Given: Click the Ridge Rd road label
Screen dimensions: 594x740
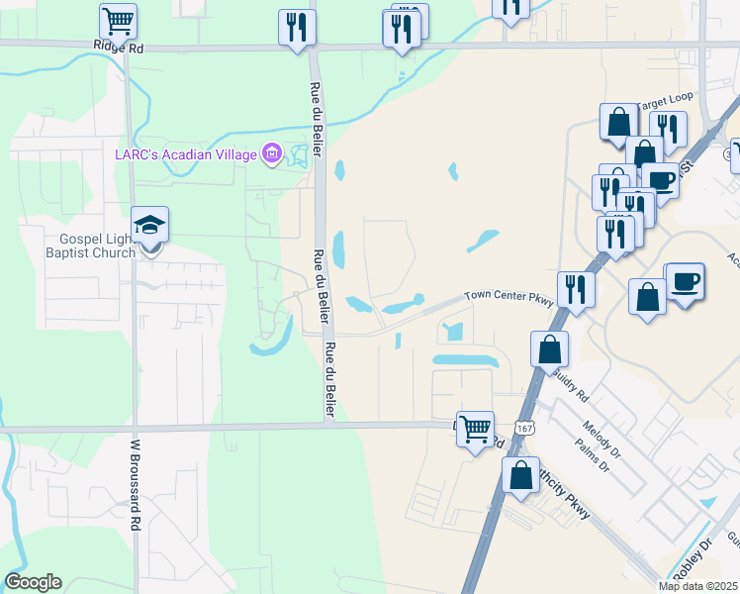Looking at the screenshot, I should (x=118, y=47).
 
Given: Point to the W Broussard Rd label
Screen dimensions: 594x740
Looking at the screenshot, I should (x=137, y=488).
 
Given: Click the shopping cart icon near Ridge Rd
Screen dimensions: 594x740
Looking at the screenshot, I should (x=118, y=19).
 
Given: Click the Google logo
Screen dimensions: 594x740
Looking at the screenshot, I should (x=33, y=582).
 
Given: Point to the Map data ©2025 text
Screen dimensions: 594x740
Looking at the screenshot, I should (x=697, y=586).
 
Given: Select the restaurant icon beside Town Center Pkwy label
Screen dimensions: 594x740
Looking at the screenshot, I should (x=575, y=289).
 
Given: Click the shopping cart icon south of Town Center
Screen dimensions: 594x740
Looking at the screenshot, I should (x=475, y=428).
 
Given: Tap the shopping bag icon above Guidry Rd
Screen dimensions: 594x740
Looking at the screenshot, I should (x=549, y=349).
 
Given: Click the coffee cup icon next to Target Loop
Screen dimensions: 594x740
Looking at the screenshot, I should (x=660, y=179).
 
